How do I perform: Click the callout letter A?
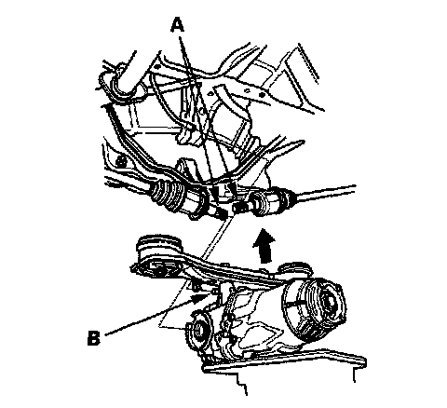click(x=177, y=25)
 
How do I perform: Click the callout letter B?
click(x=94, y=337)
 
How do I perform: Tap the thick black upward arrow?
click(x=264, y=245)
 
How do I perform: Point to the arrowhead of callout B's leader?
click(x=199, y=298)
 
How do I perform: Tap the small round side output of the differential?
click(x=197, y=331)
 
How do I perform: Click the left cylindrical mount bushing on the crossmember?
click(x=158, y=255)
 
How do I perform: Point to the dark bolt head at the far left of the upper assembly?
click(x=120, y=161)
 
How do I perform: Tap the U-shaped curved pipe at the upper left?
click(x=118, y=81)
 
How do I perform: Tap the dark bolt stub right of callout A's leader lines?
click(x=239, y=207)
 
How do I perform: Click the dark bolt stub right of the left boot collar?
click(x=221, y=213)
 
